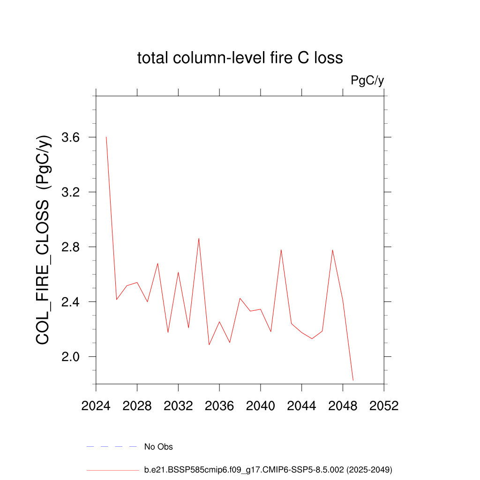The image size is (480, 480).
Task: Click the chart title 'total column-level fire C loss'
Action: point(240,58)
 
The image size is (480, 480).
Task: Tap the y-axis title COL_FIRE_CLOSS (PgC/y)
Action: point(44,240)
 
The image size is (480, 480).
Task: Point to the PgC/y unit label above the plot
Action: point(367,81)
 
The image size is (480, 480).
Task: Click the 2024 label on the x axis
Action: point(96,406)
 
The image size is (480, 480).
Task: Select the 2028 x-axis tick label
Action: point(137,406)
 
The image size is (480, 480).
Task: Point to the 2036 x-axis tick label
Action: point(219,406)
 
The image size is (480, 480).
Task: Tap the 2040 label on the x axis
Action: point(261,406)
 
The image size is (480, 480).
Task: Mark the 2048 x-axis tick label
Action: point(343,406)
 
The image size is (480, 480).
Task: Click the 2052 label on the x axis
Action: point(384,406)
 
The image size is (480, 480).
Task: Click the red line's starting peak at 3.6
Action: point(106,137)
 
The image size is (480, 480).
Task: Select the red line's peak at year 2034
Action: point(199,238)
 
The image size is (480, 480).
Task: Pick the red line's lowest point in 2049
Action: point(353,380)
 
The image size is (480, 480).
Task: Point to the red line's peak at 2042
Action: point(281,249)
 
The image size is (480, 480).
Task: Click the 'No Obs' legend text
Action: point(158,447)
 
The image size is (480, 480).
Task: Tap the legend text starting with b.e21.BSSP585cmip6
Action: point(268,469)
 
